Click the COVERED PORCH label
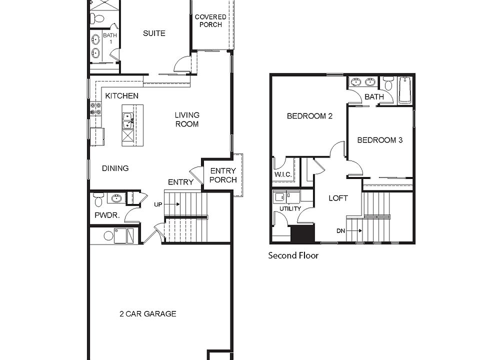(x=210, y=20)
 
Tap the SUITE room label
(x=154, y=33)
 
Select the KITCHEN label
(x=121, y=95)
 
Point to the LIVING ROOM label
(x=186, y=119)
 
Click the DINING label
(x=115, y=168)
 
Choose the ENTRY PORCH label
(x=222, y=175)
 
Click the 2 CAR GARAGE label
(x=147, y=314)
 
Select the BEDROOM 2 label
(x=309, y=116)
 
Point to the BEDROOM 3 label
(x=380, y=140)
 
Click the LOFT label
(x=337, y=198)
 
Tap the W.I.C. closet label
(x=282, y=174)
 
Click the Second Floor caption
(x=293, y=255)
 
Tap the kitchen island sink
(x=128, y=119)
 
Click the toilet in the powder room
(x=98, y=199)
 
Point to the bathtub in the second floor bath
(x=405, y=90)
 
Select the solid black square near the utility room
(x=302, y=233)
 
